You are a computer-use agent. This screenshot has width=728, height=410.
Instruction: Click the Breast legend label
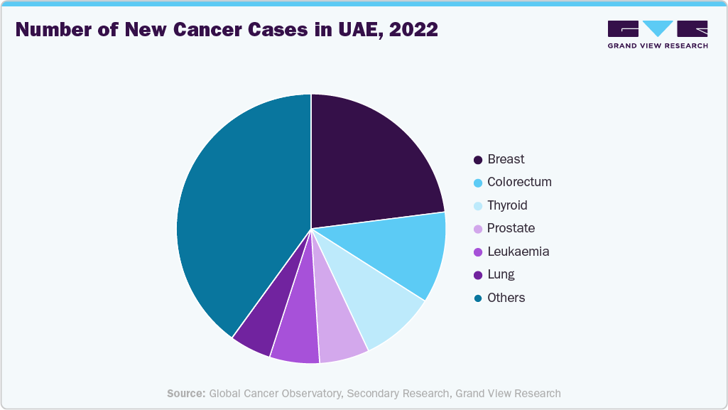[x=506, y=159]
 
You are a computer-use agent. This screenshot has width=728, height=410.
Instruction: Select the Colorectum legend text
[x=519, y=182]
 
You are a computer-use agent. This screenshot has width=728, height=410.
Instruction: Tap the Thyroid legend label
[x=507, y=205]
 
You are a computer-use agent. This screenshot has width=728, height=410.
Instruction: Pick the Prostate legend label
[x=511, y=228]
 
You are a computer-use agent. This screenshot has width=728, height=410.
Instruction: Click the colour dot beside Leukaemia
[x=478, y=252]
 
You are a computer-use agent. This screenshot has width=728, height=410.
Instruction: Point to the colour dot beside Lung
[x=478, y=275]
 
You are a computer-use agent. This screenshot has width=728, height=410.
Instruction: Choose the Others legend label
[x=506, y=298]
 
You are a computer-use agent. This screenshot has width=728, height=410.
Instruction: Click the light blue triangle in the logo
[x=657, y=28]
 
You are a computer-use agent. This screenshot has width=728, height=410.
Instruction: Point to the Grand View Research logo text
[x=657, y=45]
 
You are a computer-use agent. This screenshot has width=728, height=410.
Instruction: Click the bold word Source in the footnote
[x=186, y=393]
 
